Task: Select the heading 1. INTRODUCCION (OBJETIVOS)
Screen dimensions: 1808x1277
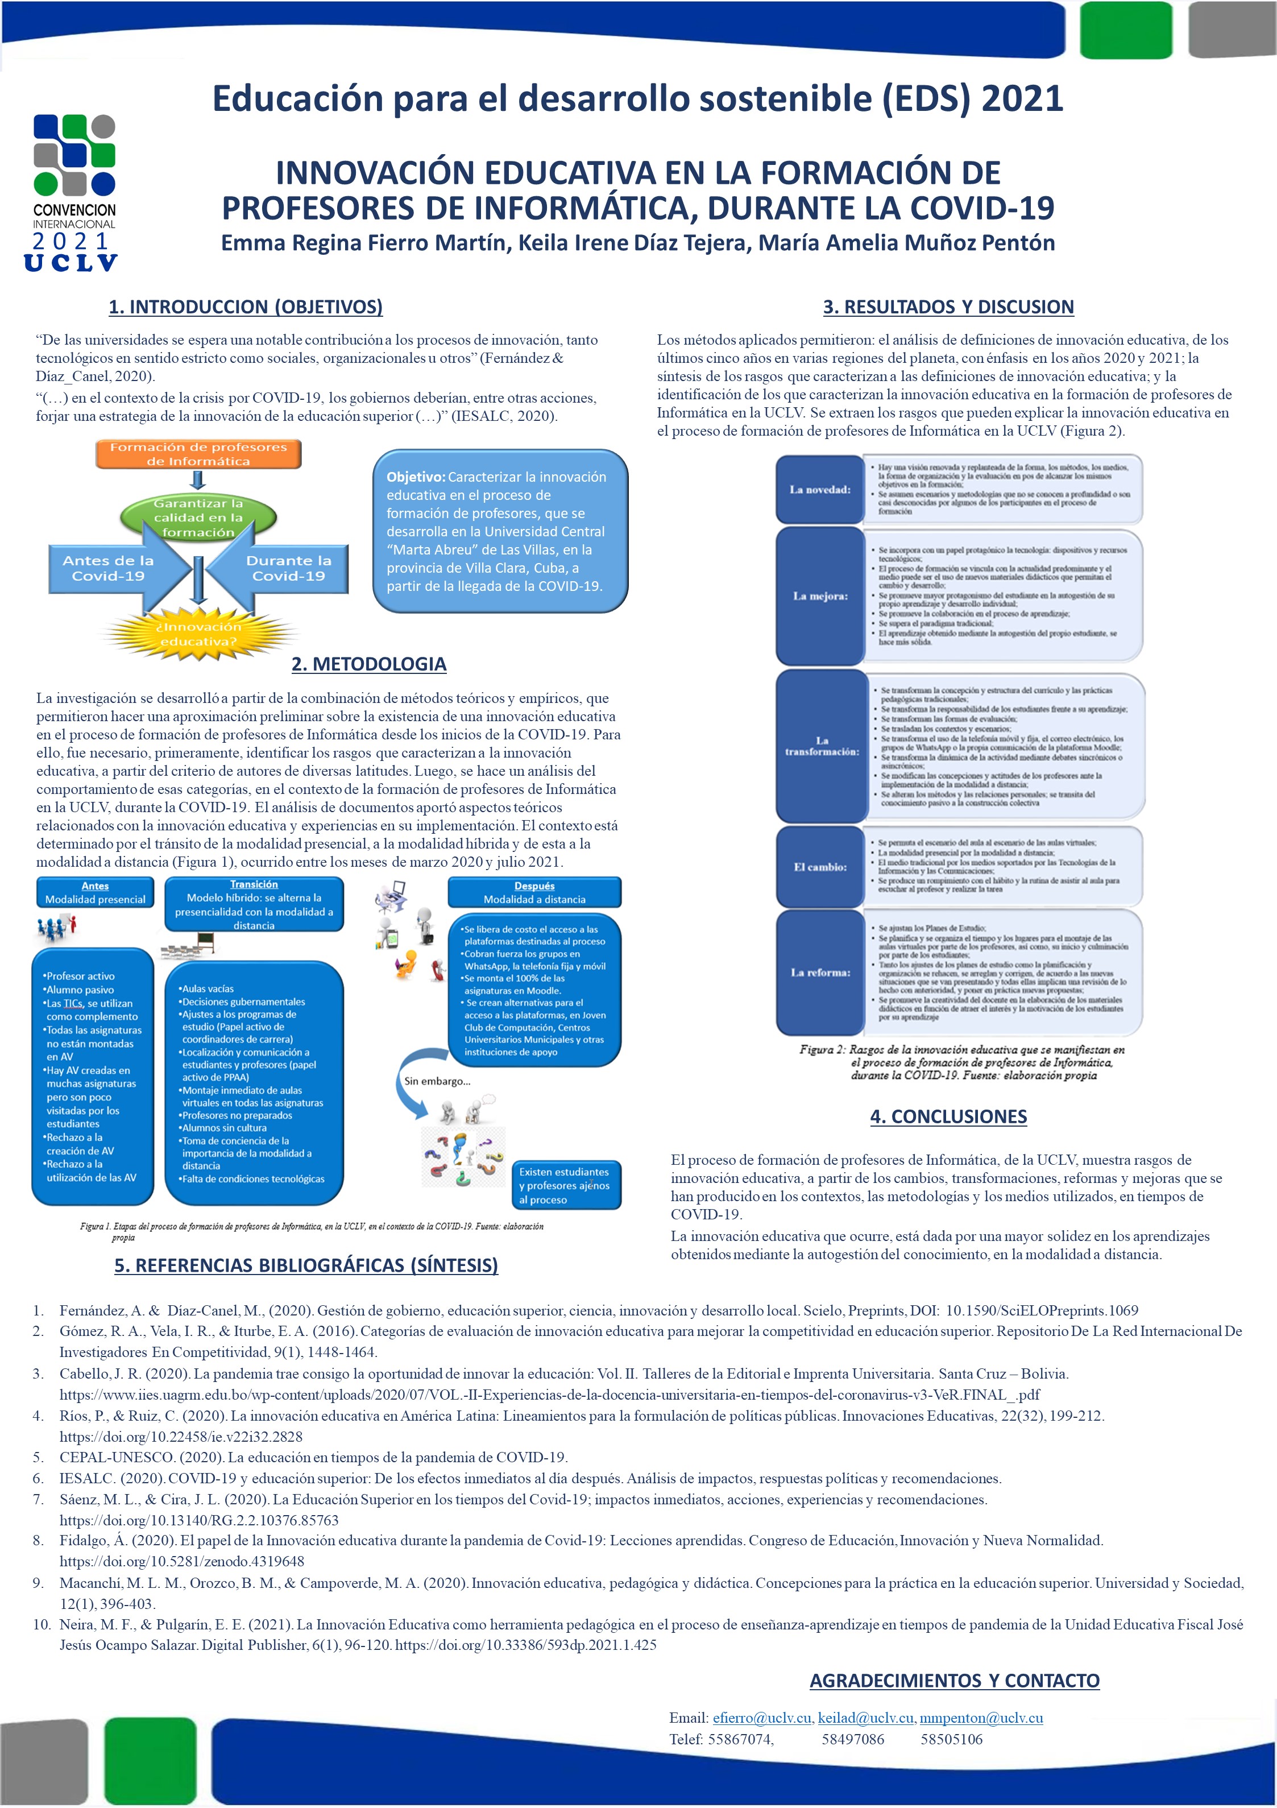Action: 246,307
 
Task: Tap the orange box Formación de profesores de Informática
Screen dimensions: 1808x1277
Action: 198,454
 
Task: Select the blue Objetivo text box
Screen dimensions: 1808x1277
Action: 499,531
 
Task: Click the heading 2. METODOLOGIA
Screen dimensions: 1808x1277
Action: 368,664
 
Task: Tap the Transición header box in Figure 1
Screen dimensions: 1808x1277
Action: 254,905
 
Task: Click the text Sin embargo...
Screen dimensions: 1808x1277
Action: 437,1081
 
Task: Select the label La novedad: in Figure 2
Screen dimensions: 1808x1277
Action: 819,490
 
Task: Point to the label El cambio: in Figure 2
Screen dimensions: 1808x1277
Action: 819,867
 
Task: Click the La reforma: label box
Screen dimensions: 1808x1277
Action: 819,973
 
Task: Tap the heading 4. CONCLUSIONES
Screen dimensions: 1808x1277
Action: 948,1116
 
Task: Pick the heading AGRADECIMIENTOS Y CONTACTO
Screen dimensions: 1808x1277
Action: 954,1681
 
